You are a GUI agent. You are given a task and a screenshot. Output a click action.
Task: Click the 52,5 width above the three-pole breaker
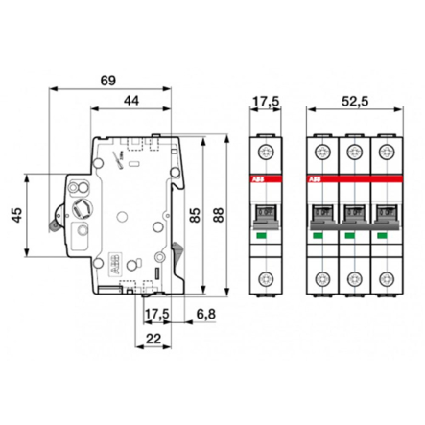pos(350,100)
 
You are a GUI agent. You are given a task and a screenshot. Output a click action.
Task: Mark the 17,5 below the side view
pos(155,314)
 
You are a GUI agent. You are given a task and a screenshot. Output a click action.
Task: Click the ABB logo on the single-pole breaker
pos(256,178)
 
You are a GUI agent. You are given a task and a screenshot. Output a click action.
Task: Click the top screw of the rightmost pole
pos(386,150)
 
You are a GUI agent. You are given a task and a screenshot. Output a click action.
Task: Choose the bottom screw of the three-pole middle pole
pos(351,279)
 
